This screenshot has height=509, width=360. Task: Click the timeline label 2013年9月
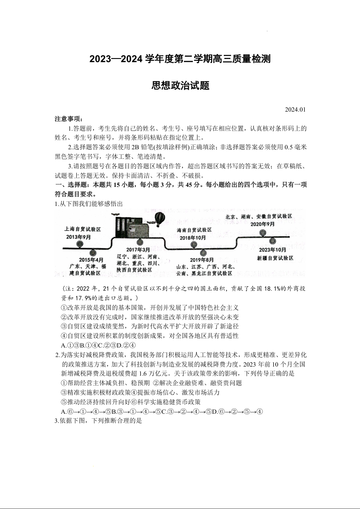tap(79, 237)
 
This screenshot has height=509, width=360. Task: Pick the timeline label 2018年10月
tap(192, 238)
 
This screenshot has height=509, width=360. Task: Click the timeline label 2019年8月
tap(202, 259)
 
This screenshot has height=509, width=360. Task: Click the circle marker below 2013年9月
tap(80, 244)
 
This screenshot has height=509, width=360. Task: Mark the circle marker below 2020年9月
tap(263, 233)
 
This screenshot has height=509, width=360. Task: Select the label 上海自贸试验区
tap(83, 230)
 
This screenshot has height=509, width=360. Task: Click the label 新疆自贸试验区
tap(275, 258)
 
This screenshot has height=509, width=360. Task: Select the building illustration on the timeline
tap(131, 225)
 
